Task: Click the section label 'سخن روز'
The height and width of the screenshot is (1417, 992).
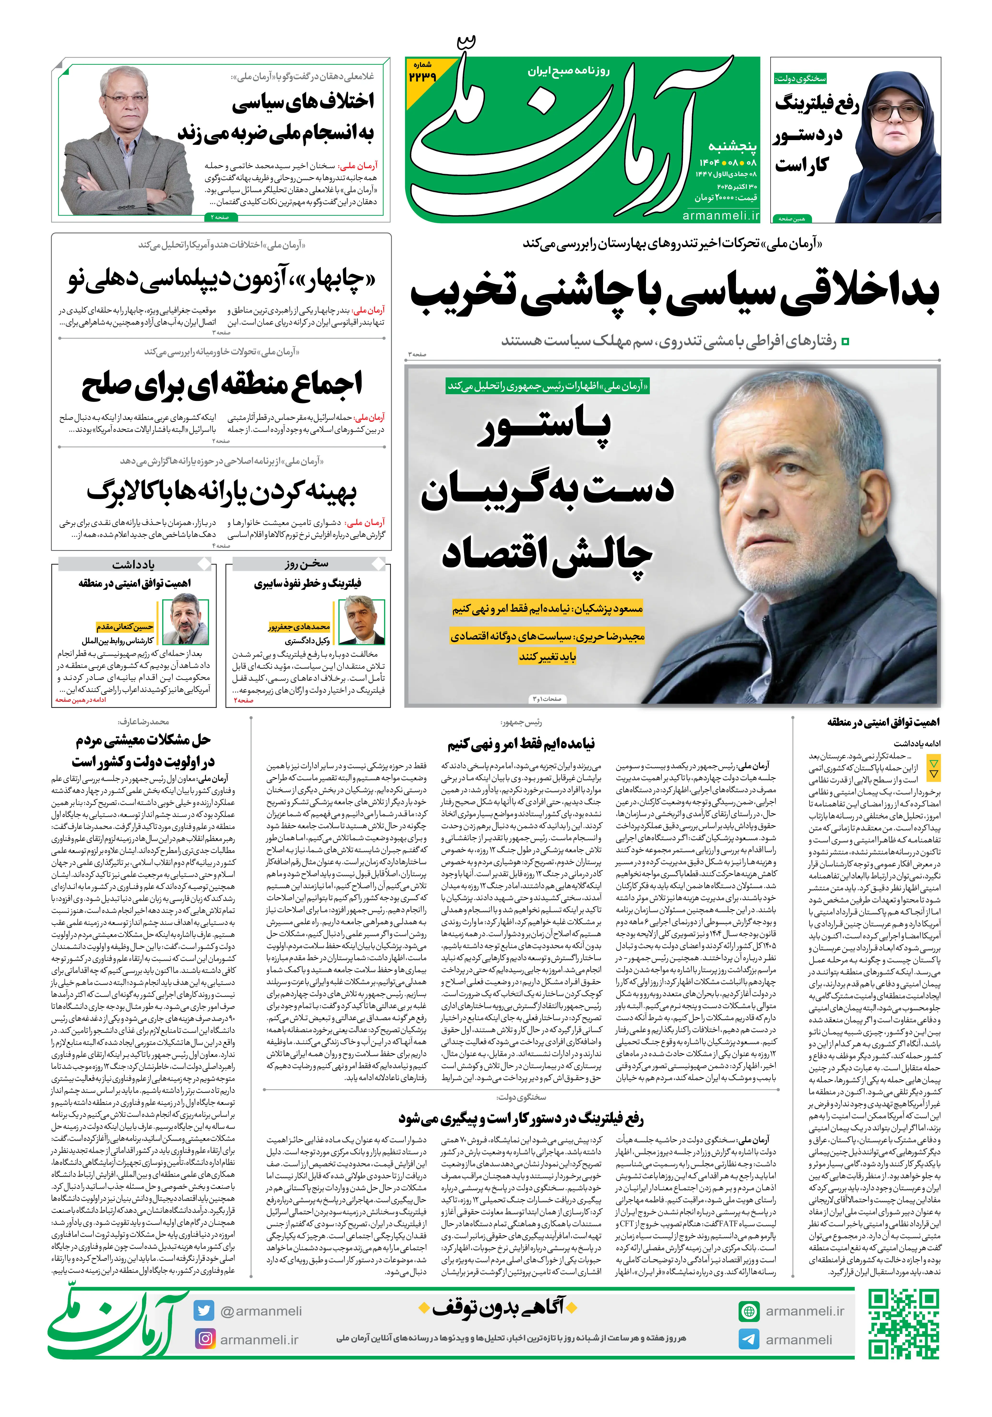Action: point(306,564)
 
